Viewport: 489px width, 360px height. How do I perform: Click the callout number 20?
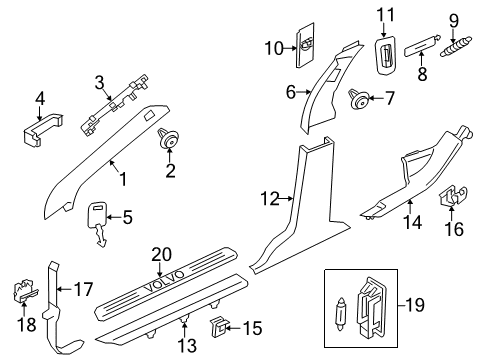coord(162,255)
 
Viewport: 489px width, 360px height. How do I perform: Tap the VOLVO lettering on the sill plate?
coord(164,281)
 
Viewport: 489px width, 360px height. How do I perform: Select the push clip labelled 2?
coord(168,138)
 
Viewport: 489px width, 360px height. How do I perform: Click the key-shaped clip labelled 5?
coord(98,224)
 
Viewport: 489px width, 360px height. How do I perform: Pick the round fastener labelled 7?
coord(359,99)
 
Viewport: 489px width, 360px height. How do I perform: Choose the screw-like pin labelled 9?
coord(456,47)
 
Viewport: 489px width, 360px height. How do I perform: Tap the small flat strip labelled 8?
coord(422,45)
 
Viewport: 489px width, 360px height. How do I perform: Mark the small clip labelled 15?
coord(219,327)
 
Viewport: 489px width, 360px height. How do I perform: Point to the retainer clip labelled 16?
coord(452,196)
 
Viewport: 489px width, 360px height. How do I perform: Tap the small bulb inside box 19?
coord(341,313)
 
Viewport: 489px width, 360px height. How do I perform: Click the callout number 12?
coord(270,199)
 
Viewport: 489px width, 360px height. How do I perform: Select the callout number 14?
coord(412,222)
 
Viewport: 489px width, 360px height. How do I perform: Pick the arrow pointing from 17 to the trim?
coord(65,289)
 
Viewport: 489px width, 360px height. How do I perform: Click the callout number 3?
coord(99,82)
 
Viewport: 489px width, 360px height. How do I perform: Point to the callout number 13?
coord(187,345)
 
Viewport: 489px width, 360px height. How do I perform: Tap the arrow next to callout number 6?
coord(304,92)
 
